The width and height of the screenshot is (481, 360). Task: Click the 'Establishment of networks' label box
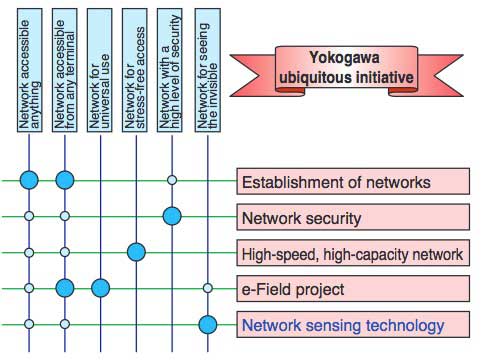(352, 182)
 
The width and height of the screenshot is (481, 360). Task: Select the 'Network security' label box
(352, 217)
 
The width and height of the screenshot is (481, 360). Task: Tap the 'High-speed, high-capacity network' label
(352, 253)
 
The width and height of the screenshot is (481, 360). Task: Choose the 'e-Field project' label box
(352, 289)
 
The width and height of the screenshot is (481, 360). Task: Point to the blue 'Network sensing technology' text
(341, 325)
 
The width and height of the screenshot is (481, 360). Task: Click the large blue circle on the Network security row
(172, 216)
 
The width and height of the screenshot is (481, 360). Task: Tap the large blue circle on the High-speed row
(136, 252)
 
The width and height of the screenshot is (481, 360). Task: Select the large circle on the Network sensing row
(208, 324)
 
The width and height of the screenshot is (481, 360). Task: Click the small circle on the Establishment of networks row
(172, 180)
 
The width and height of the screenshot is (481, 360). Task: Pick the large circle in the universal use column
(100, 288)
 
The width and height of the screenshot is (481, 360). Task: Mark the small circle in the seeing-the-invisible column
(208, 288)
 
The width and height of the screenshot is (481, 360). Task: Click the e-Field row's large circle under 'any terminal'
(65, 288)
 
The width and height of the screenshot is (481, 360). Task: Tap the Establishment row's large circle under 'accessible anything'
(30, 180)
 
